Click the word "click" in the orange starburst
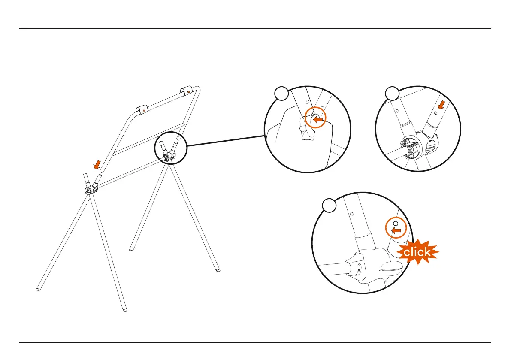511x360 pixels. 417,252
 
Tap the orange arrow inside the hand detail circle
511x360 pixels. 317,121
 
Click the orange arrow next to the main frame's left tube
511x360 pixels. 98,164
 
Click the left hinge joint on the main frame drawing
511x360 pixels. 89,191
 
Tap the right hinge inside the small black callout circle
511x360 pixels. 169,158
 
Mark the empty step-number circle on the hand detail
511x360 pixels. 281,93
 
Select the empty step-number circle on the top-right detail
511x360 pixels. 392,93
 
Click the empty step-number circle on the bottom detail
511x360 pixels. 329,206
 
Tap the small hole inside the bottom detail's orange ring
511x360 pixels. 396,224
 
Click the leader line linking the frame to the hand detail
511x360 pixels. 225,142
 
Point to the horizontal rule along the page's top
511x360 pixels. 255,29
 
